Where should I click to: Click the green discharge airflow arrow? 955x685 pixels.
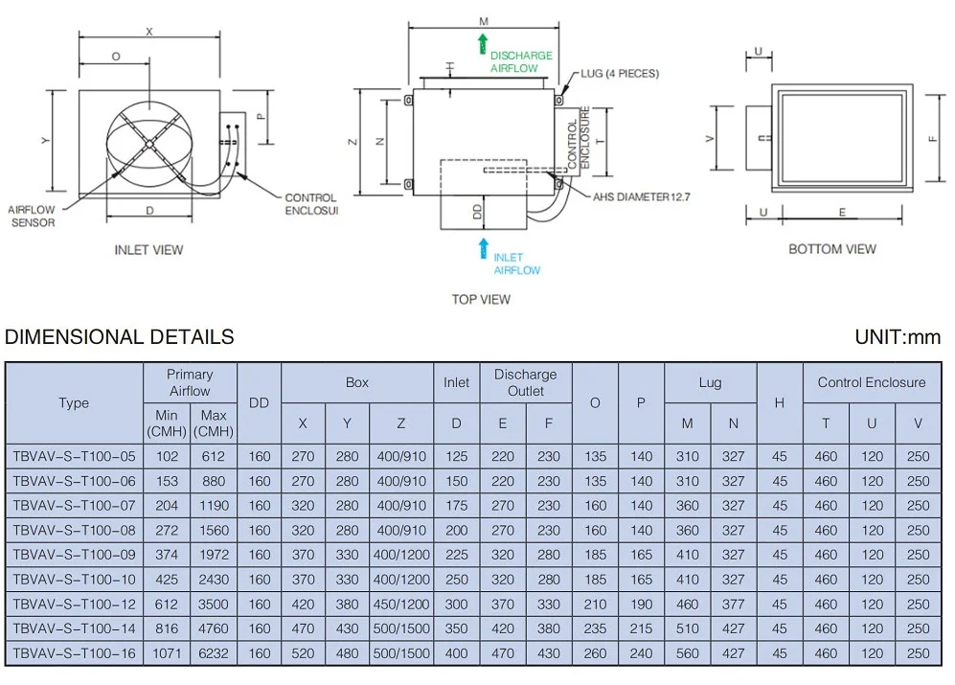click(483, 43)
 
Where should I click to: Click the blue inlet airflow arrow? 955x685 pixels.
click(483, 248)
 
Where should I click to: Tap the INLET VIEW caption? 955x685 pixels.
click(148, 250)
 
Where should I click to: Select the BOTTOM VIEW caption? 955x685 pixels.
click(831, 249)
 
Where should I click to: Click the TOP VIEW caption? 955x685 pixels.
click(481, 300)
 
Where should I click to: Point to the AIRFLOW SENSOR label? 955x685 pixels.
click(32, 216)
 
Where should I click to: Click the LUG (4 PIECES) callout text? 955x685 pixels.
click(619, 74)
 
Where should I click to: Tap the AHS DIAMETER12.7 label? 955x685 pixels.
click(641, 196)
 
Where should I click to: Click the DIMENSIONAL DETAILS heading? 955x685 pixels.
click(119, 337)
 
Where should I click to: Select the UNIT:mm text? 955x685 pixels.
click(897, 337)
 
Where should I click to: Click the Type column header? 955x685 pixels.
click(74, 403)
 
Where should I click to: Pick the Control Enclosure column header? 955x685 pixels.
click(871, 382)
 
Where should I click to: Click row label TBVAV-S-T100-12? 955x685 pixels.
click(74, 605)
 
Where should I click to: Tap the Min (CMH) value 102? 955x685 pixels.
click(167, 457)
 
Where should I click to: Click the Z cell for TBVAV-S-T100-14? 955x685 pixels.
click(401, 629)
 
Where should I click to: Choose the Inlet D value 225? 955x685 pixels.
click(456, 555)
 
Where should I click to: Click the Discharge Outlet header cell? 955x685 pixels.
click(525, 382)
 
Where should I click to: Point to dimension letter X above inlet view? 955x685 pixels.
click(149, 32)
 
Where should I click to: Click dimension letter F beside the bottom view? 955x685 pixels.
click(932, 138)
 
